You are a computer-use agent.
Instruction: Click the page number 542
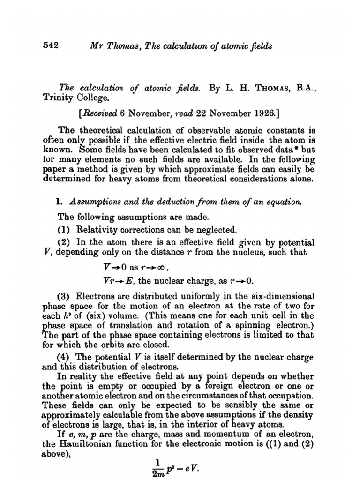click(x=50, y=45)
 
